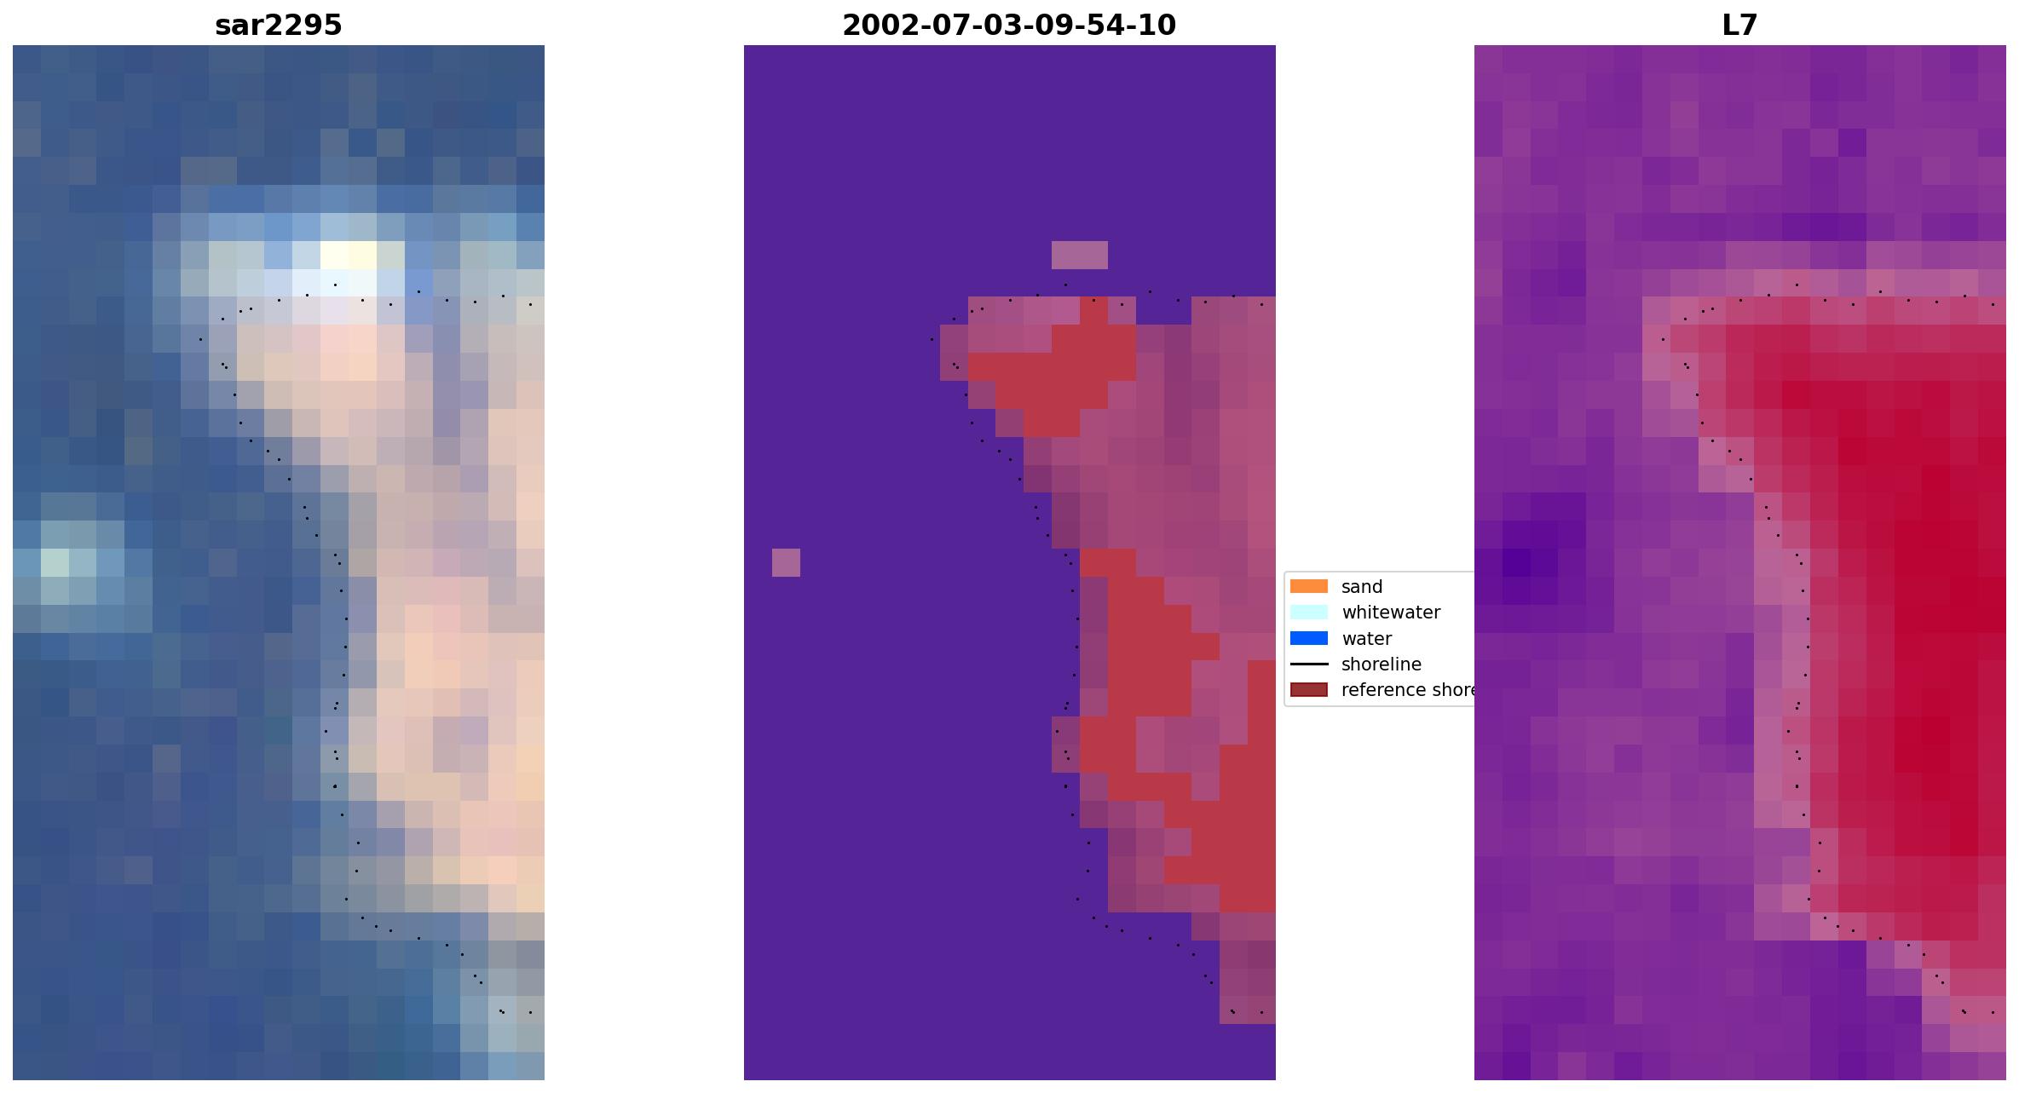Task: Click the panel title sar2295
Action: coord(278,26)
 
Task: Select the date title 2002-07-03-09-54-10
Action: coord(1009,26)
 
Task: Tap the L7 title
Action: coord(1739,26)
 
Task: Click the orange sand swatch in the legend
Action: coord(1308,586)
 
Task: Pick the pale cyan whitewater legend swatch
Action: coord(1308,612)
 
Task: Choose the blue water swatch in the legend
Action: coord(1308,638)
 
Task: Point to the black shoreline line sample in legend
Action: coord(1308,664)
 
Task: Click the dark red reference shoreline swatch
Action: coord(1308,689)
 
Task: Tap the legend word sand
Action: coord(1361,587)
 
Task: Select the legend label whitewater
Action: coord(1390,613)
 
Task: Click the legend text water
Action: coord(1366,639)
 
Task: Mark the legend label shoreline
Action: coord(1381,664)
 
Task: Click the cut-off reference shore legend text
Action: coord(1406,690)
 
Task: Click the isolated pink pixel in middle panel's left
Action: coord(786,562)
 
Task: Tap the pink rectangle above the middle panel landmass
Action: coord(1079,255)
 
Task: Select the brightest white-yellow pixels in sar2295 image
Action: coord(349,255)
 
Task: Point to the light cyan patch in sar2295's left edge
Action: coord(55,562)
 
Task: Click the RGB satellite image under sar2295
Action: coord(278,562)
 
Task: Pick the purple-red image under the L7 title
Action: coord(1739,562)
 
